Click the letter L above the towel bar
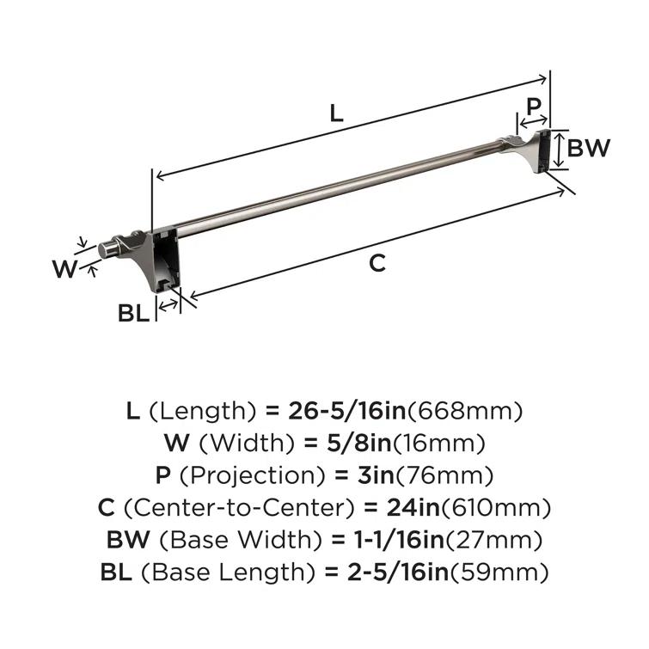click(337, 113)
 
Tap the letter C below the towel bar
click(377, 263)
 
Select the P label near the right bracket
click(534, 107)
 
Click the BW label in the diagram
click(590, 148)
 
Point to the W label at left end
click(64, 269)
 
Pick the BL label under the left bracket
click(133, 314)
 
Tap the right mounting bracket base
click(542, 151)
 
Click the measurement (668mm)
click(464, 411)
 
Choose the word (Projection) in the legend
click(245, 475)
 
